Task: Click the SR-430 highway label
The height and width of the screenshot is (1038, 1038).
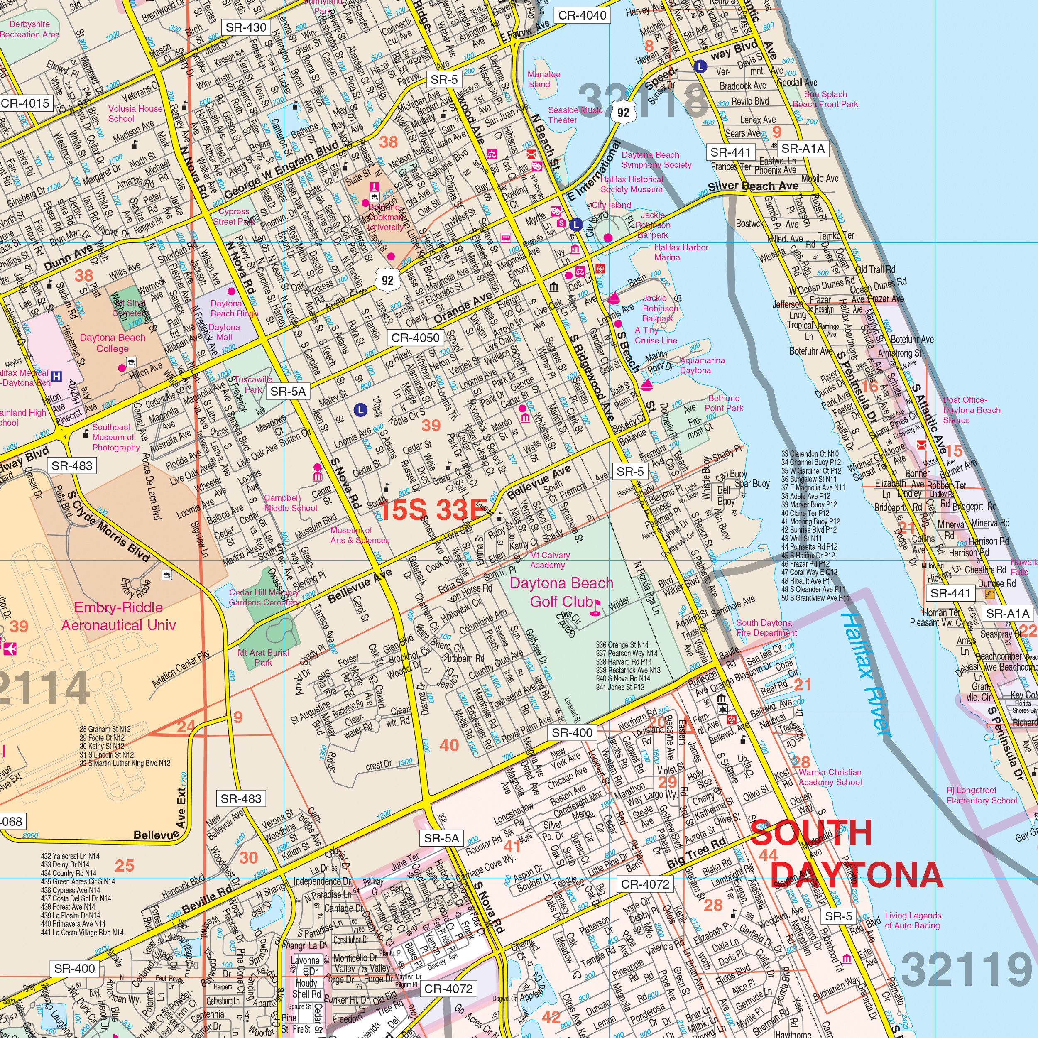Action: (x=245, y=27)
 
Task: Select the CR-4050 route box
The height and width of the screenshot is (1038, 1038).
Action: (x=415, y=338)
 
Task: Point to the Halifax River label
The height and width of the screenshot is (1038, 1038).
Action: (x=866, y=674)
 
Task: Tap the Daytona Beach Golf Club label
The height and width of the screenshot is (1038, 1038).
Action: (x=561, y=592)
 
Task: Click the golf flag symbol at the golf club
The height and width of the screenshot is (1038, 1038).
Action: (x=596, y=608)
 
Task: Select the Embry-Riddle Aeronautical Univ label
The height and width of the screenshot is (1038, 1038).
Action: (x=118, y=616)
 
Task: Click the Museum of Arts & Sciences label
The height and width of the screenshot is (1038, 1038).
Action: (x=360, y=535)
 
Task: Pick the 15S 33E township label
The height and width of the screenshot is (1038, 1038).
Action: (x=431, y=509)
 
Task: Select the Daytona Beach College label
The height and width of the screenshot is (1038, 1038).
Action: (x=112, y=343)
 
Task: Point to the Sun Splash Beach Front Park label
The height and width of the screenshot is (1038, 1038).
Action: (x=825, y=99)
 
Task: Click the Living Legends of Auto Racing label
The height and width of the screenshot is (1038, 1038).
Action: (x=912, y=920)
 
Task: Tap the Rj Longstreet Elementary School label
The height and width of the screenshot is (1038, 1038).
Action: (x=981, y=795)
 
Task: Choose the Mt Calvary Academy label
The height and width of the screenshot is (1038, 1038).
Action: (x=550, y=560)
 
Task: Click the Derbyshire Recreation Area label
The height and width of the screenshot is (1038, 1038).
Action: (x=29, y=29)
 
